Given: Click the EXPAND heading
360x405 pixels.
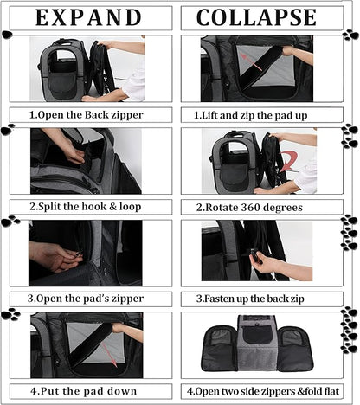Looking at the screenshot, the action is (88, 17).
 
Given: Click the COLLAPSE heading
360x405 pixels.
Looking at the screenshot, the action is (256, 17).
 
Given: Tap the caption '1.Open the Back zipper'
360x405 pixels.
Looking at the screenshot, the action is (87, 115).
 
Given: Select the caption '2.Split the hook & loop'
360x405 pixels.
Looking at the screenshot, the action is (86, 207).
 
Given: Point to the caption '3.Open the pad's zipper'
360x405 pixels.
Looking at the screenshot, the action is (86, 299).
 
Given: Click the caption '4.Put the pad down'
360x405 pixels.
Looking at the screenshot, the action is (84, 391).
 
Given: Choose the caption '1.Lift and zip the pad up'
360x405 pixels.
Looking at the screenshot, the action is (250, 115).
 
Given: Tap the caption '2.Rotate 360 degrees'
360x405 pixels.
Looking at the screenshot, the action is (249, 207).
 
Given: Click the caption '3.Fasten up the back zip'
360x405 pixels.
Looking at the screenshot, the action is (250, 299).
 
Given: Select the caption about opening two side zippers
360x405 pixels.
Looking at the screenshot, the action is (263, 391).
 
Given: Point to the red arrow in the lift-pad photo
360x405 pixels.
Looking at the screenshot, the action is (251, 61).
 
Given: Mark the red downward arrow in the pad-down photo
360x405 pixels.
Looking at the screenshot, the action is (110, 355).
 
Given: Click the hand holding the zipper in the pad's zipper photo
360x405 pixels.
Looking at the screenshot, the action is (55, 256).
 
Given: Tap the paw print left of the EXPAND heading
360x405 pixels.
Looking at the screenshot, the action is (7, 35).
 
